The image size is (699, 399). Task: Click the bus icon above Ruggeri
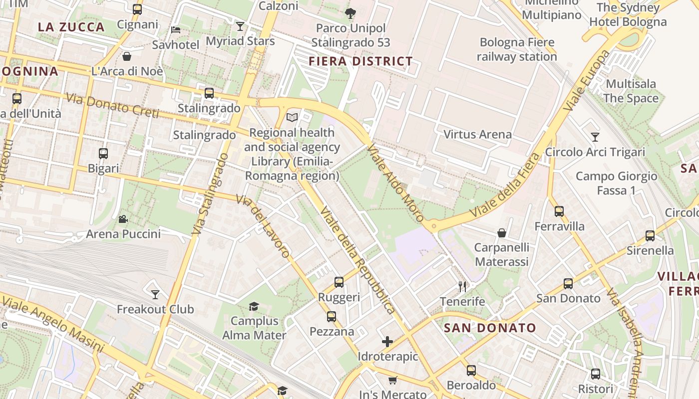(339, 282)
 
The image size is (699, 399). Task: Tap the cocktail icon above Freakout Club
(155, 294)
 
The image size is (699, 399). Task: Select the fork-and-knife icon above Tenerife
(462, 286)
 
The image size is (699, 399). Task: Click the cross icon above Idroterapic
(387, 342)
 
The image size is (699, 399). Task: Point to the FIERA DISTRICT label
(360, 61)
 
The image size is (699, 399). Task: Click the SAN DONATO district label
(490, 328)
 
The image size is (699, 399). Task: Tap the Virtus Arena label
(477, 134)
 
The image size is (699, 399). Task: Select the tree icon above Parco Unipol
(350, 13)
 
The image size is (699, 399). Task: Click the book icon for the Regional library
(292, 117)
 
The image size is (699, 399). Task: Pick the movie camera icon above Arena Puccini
(123, 219)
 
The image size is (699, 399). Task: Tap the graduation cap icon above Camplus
(254, 306)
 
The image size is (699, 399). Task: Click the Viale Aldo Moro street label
(395, 183)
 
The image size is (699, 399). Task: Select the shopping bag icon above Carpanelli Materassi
(502, 233)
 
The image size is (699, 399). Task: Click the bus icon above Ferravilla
(559, 211)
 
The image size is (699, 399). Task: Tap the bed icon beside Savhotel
(176, 30)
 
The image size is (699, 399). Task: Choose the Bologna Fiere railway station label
(517, 49)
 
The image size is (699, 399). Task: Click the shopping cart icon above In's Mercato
(393, 380)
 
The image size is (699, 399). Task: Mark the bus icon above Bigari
(103, 153)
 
